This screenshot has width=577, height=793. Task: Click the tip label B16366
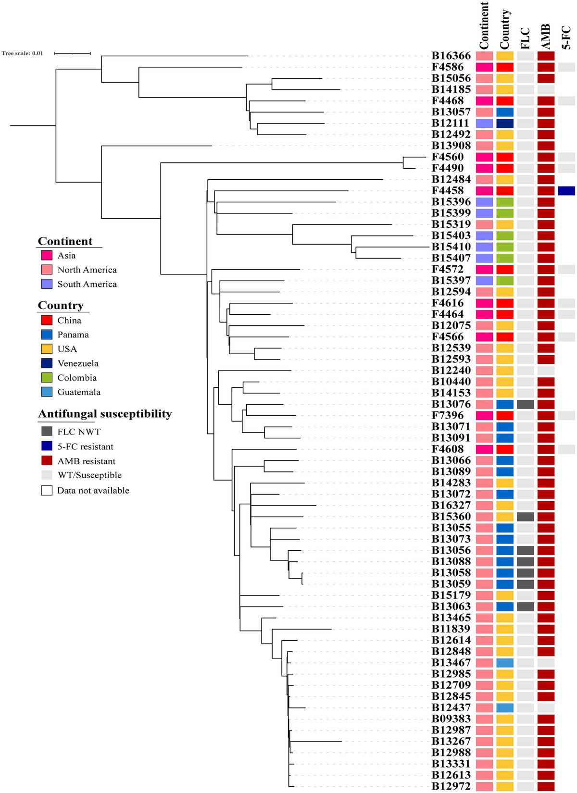click(x=451, y=56)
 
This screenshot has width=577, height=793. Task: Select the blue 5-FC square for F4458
click(x=566, y=191)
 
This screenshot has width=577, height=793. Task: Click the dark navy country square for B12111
click(x=505, y=123)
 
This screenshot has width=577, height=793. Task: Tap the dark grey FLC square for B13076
click(x=526, y=404)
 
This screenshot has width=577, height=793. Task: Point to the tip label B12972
click(x=451, y=786)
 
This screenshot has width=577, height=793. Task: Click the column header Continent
click(x=484, y=25)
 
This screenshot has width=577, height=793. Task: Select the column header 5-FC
click(x=567, y=37)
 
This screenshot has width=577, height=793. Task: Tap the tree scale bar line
click(x=72, y=53)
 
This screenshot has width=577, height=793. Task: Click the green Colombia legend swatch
click(x=47, y=378)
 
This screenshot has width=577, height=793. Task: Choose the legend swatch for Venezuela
click(x=47, y=363)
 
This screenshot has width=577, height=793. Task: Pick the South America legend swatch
click(x=47, y=284)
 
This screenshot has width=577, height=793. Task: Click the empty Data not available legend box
click(x=47, y=490)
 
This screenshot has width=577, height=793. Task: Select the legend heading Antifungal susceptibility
click(x=105, y=414)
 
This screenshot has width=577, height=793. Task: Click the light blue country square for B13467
click(x=505, y=663)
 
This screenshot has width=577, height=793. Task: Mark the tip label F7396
click(x=447, y=415)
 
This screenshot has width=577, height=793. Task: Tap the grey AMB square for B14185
click(x=546, y=89)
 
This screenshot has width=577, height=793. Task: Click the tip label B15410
click(x=451, y=247)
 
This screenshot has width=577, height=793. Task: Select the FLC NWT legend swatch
click(x=47, y=431)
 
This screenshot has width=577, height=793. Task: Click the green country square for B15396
click(x=505, y=202)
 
